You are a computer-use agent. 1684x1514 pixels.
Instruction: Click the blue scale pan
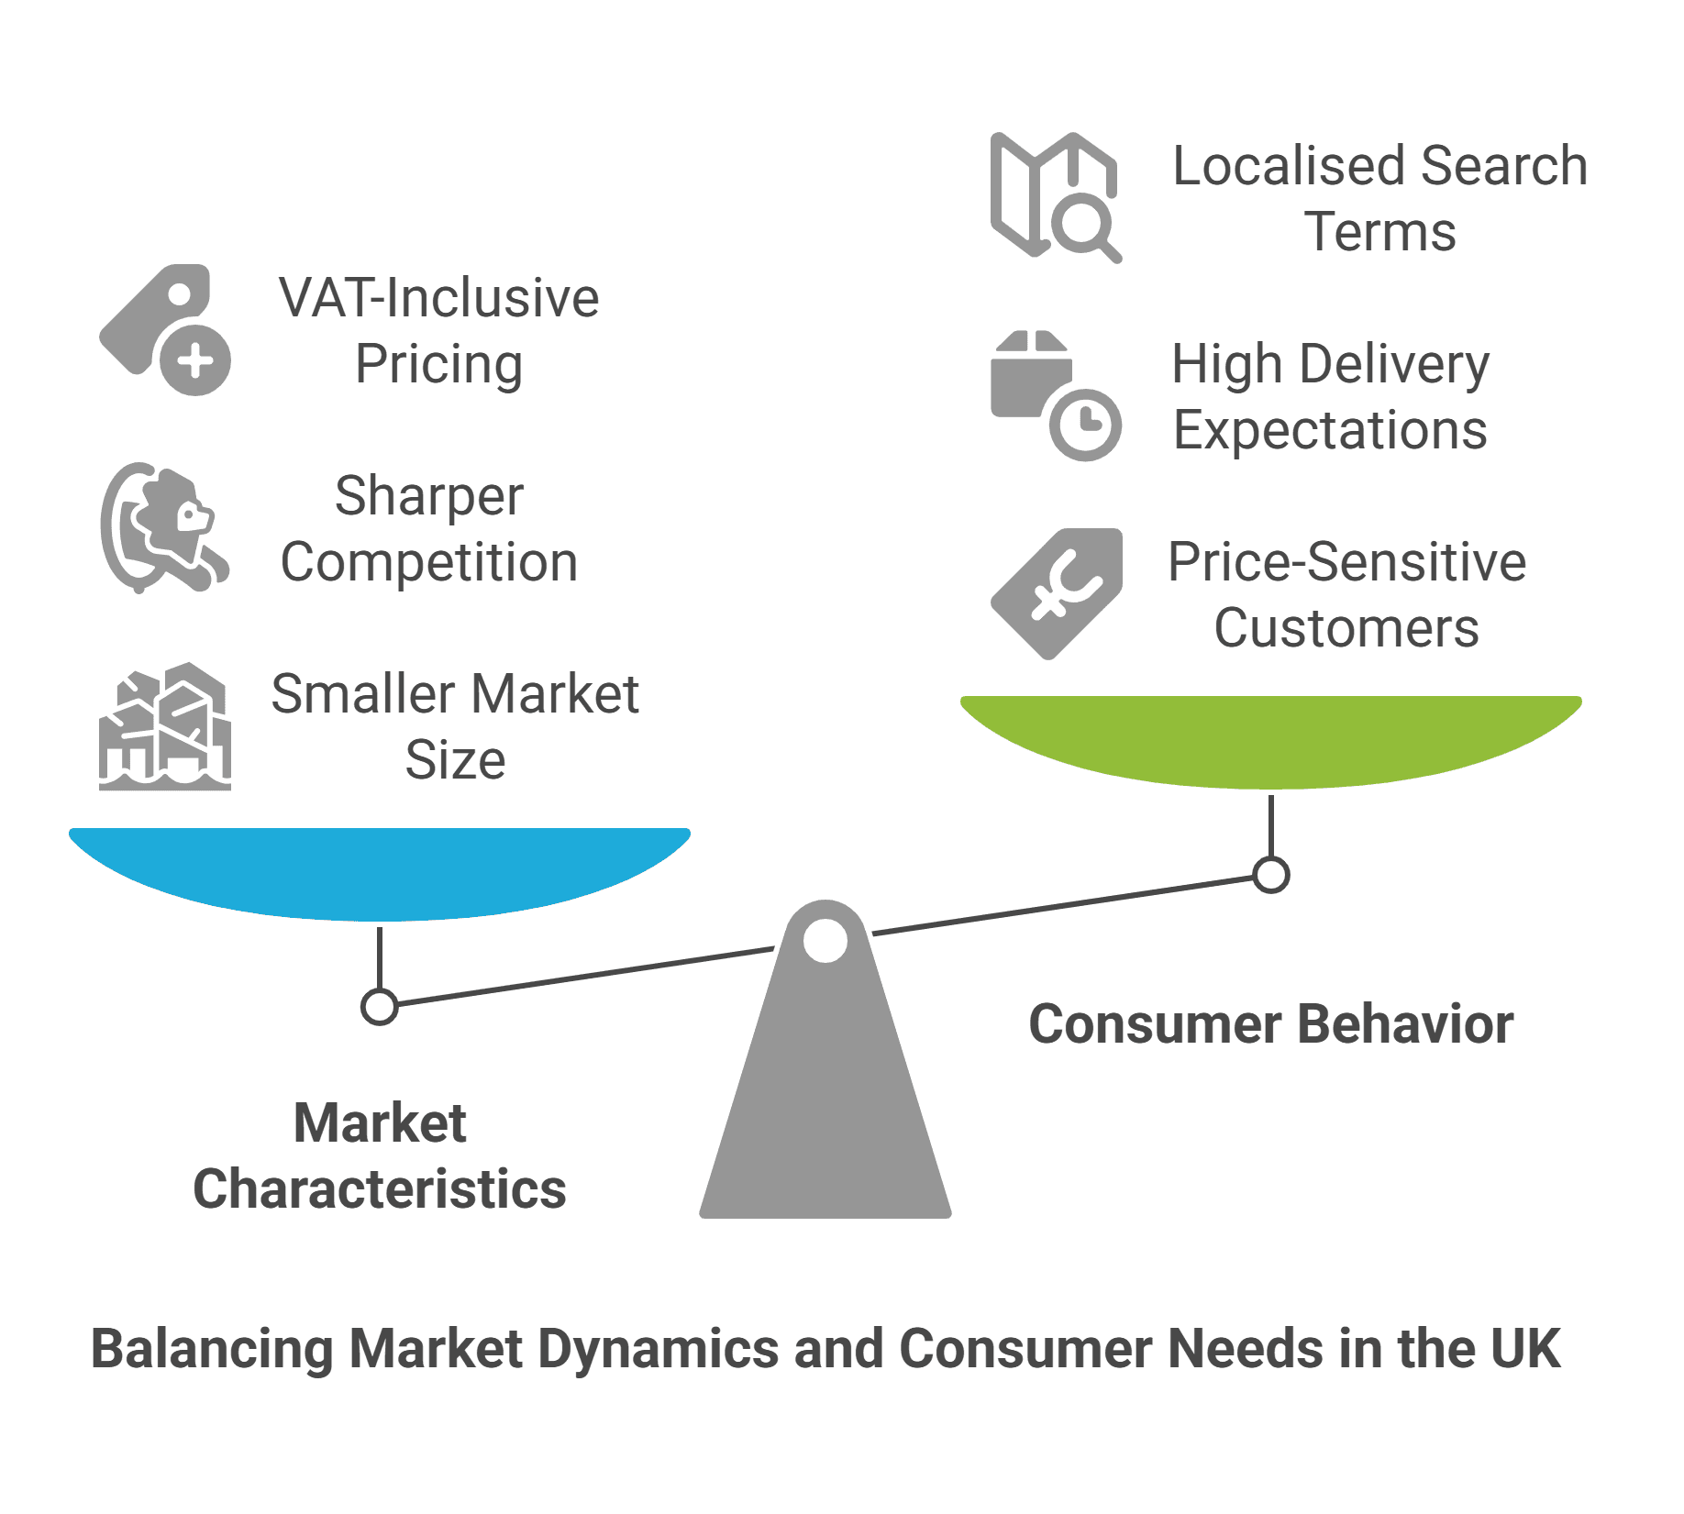click(380, 871)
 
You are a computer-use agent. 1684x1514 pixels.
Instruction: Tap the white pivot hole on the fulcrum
click(825, 941)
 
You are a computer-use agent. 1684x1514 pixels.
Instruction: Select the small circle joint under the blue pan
click(379, 1006)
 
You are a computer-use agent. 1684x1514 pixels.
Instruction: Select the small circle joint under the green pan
click(1270, 874)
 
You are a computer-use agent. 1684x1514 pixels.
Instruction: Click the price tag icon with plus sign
click(165, 330)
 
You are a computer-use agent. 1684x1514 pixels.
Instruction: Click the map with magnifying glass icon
click(1055, 197)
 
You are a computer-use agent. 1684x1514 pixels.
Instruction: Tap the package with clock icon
click(1055, 394)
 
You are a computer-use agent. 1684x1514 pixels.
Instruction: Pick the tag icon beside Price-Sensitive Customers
click(1057, 593)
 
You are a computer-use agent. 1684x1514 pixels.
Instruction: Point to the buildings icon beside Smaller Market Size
click(165, 726)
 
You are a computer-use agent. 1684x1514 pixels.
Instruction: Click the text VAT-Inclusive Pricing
click(438, 330)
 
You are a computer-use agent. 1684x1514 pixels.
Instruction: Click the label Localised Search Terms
click(1379, 198)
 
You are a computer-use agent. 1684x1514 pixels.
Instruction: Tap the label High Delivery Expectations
click(1330, 396)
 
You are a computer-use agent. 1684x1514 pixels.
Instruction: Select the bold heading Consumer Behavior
click(1270, 1023)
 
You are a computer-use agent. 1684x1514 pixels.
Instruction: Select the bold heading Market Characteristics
click(379, 1155)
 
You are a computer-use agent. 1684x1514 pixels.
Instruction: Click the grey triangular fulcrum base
click(825, 1119)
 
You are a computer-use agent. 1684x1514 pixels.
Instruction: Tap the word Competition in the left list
click(429, 562)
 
